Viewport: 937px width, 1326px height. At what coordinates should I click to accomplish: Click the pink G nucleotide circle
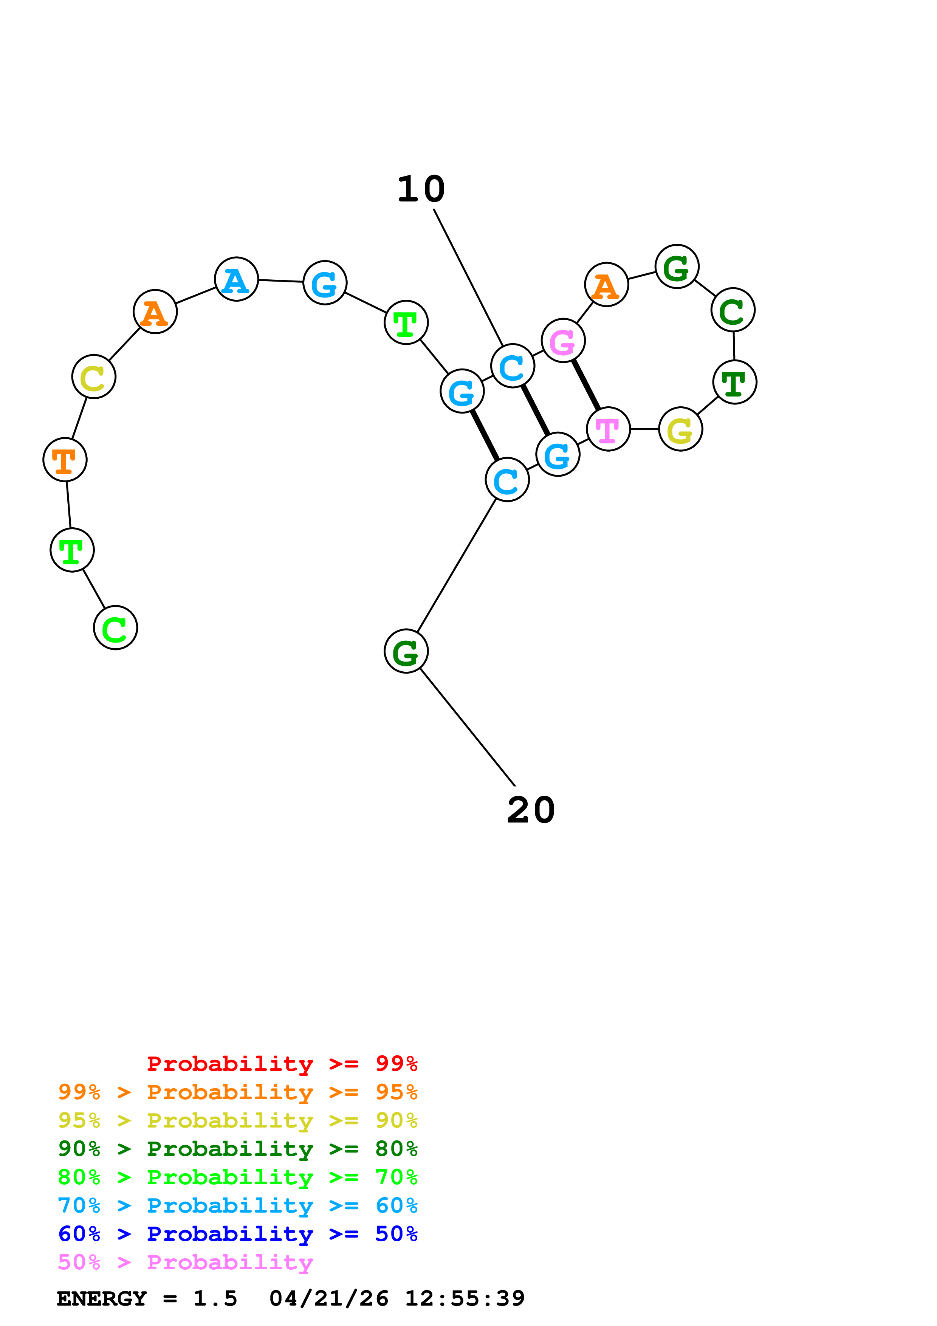tap(563, 341)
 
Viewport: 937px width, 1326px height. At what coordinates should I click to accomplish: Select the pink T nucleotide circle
tap(608, 429)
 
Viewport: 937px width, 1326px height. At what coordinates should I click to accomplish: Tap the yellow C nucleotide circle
tap(93, 376)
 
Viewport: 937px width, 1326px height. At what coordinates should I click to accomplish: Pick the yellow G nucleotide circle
tap(681, 429)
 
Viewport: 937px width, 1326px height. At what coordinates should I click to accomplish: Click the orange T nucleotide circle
tap(65, 460)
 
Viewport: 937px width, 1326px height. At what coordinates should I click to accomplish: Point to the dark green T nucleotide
tap(734, 382)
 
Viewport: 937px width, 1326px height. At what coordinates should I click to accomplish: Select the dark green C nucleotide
tap(733, 310)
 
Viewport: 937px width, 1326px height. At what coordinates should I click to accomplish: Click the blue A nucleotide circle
tap(236, 279)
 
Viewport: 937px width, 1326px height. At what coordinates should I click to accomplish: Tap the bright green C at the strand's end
tap(115, 628)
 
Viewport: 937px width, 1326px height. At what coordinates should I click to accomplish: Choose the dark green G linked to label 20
tap(406, 651)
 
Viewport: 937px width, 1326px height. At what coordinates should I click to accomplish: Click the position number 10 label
tap(421, 189)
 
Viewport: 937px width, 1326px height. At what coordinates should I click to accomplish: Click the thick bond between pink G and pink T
tap(585, 385)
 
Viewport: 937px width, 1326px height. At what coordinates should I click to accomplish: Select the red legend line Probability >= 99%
tap(282, 1063)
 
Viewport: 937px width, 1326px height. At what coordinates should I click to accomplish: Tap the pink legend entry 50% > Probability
tap(185, 1262)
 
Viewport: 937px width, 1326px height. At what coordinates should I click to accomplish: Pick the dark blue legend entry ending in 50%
tap(237, 1234)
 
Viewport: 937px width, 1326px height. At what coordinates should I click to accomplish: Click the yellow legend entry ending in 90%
tap(237, 1120)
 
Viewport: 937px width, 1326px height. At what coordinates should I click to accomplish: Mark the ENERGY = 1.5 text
tap(147, 1298)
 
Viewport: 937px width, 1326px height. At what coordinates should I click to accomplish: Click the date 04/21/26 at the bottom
tap(328, 1298)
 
